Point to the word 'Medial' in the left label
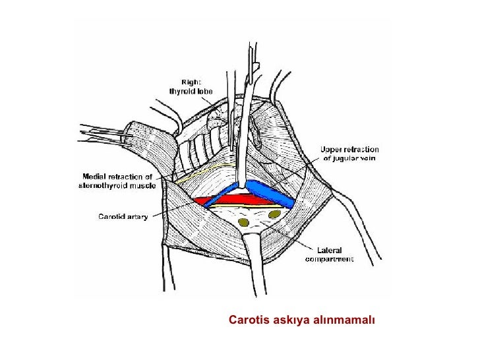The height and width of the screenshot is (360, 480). click(x=94, y=176)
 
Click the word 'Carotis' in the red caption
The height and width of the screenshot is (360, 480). click(x=247, y=320)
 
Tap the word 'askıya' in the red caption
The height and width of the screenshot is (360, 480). click(x=287, y=320)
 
